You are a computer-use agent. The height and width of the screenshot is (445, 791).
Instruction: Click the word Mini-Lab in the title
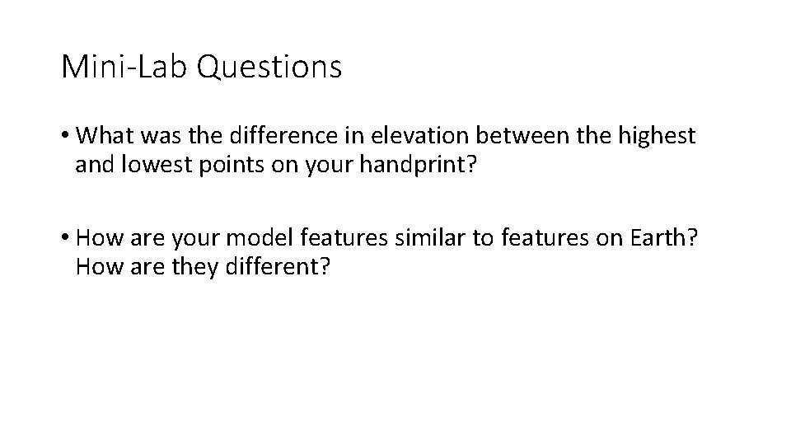coord(126,67)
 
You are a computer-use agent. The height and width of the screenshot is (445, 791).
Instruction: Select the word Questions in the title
coord(270,67)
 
